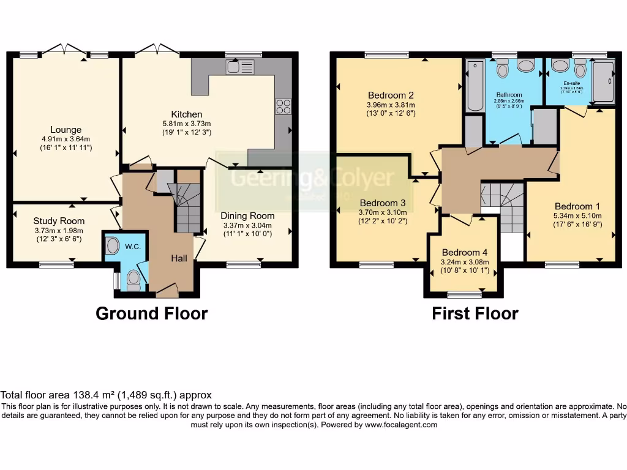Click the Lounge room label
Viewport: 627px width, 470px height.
click(x=66, y=130)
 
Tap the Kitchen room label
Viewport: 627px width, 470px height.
click(x=186, y=114)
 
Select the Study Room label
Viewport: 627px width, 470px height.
click(x=59, y=221)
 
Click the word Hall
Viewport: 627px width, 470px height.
click(x=179, y=259)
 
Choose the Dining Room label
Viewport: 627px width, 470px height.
click(x=248, y=215)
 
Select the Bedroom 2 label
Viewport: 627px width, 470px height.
click(x=391, y=95)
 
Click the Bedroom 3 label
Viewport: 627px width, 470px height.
click(x=383, y=203)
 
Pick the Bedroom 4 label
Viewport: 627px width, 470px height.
click(x=465, y=252)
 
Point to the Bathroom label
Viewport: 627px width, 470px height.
click(x=509, y=95)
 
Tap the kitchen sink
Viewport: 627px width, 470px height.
click(x=240, y=66)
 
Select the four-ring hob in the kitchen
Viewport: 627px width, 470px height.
click(x=283, y=106)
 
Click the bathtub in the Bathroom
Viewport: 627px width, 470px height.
click(x=475, y=86)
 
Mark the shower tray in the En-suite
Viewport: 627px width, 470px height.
click(x=603, y=80)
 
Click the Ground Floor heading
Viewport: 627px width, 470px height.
click(x=151, y=314)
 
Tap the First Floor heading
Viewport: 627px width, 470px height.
click(x=475, y=314)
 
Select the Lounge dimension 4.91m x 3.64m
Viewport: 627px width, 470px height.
click(x=66, y=139)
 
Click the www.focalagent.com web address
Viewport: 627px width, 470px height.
click(x=400, y=425)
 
